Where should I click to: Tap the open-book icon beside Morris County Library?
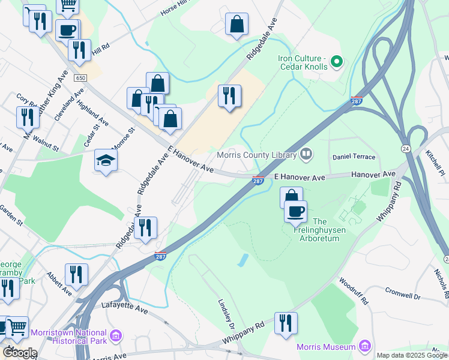pos(307,155)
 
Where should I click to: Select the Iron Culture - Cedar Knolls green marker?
pos(336,62)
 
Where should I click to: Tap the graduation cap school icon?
pos(106,160)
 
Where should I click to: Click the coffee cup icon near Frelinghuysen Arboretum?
pos(296,211)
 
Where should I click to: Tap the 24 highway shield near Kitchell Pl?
pos(406,148)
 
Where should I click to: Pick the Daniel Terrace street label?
pos(354,157)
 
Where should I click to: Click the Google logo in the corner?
pos(19,353)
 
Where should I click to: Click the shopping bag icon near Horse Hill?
pos(237,25)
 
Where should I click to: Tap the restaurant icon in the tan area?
pos(229,95)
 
